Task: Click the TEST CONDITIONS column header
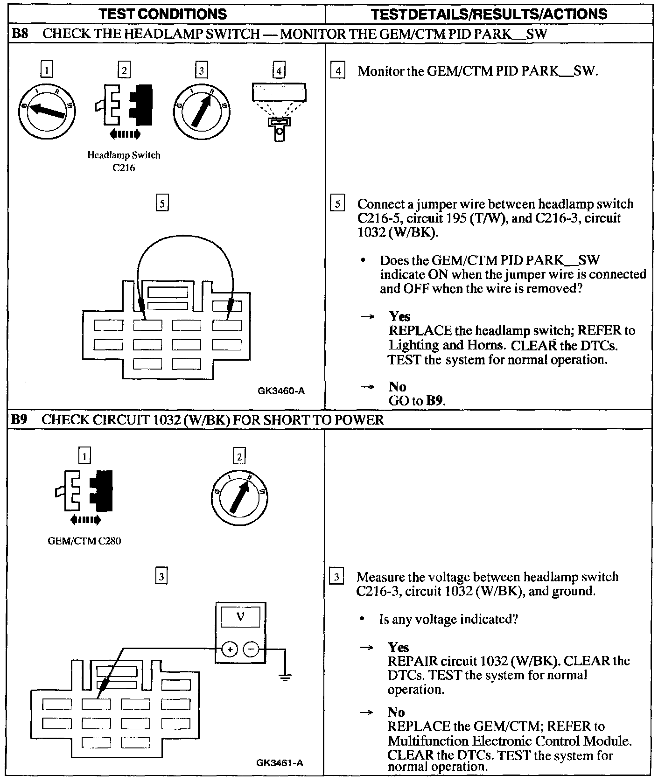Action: click(x=163, y=14)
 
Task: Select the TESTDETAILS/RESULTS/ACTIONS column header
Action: click(x=489, y=14)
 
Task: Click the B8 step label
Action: click(x=20, y=34)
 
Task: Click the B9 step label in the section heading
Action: click(x=19, y=419)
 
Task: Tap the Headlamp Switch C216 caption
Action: click(x=124, y=161)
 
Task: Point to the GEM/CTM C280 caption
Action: click(x=84, y=541)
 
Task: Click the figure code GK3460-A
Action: click(x=281, y=391)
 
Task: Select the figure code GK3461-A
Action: click(x=280, y=763)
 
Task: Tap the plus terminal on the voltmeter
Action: click(x=229, y=649)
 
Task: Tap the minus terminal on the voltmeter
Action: click(x=251, y=649)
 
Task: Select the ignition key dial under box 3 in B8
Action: click(x=201, y=111)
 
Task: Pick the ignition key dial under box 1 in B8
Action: click(x=47, y=111)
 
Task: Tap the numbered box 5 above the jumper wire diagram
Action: click(x=161, y=203)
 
